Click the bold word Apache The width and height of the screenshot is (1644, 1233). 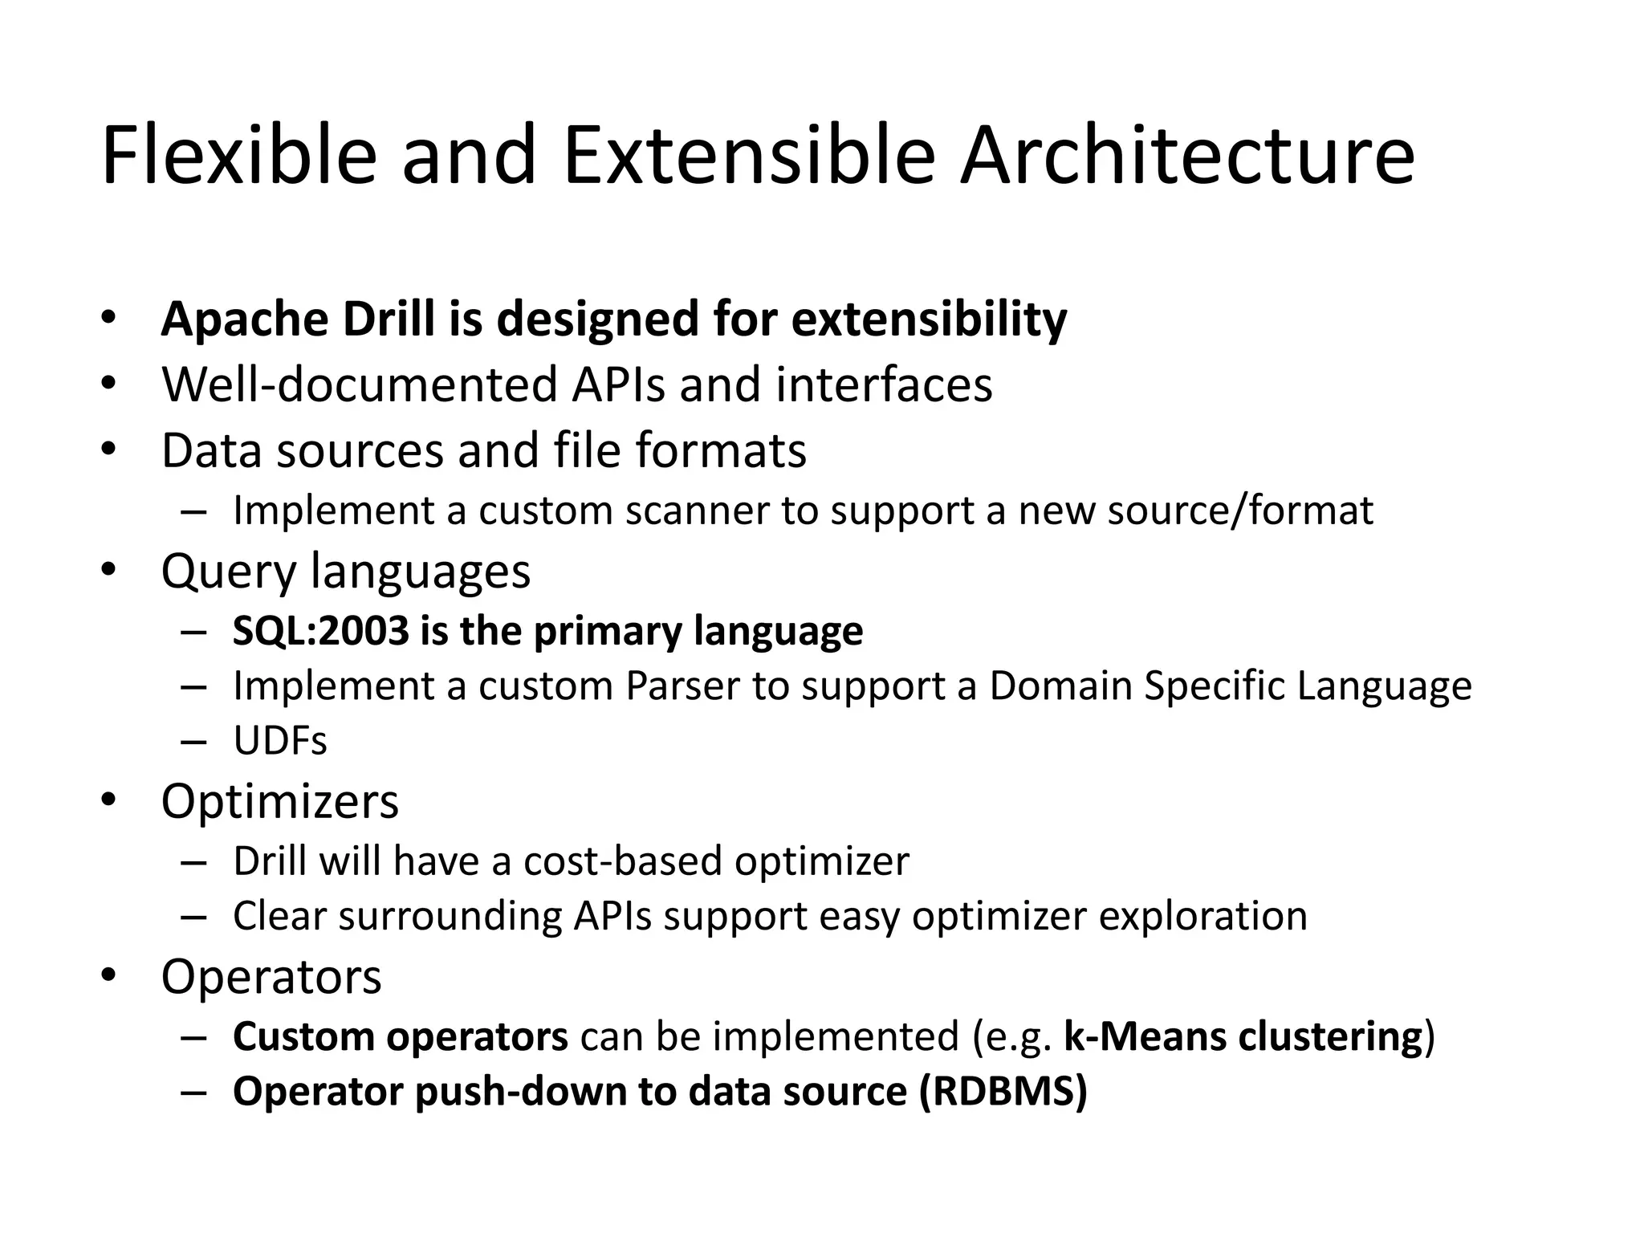point(245,319)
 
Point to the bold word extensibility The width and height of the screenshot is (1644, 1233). point(929,319)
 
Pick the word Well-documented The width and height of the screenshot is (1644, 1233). point(359,385)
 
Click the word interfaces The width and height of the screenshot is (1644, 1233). point(884,385)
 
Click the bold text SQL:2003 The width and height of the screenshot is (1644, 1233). point(321,631)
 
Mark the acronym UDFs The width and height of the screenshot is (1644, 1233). point(280,741)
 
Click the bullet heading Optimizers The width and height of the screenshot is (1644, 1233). point(279,801)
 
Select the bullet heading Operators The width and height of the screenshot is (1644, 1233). point(271,977)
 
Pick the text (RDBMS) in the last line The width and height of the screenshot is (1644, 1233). point(1003,1092)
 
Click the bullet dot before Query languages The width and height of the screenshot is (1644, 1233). point(109,570)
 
